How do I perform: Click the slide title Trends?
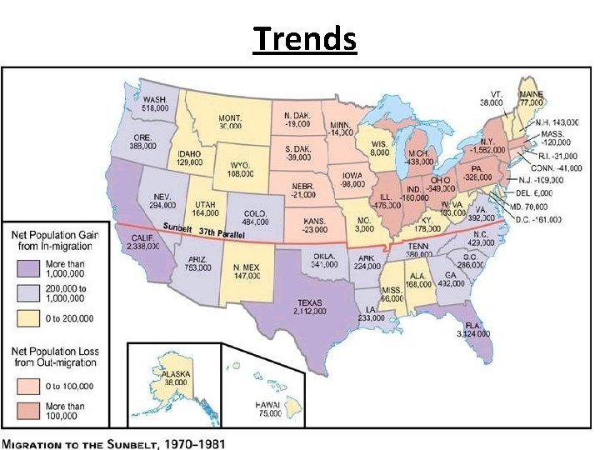(x=304, y=38)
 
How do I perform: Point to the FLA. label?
(x=472, y=324)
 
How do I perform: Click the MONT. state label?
(x=231, y=117)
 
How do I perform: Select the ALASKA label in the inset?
(x=177, y=375)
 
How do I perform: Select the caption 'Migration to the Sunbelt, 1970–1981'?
(x=114, y=442)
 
